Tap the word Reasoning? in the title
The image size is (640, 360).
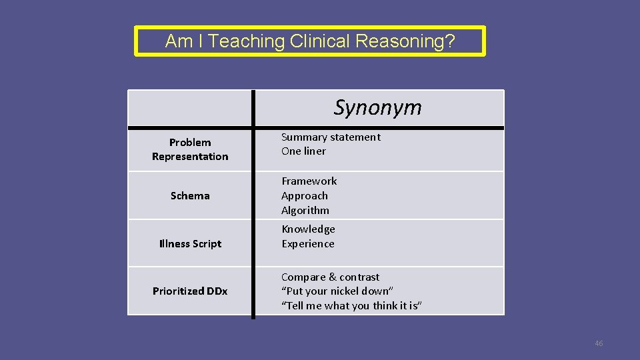point(405,41)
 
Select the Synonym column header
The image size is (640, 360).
point(377,107)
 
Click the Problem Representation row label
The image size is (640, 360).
point(190,149)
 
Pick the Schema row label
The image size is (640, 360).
point(190,195)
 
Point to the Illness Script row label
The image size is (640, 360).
point(190,243)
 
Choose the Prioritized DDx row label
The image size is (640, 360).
point(190,291)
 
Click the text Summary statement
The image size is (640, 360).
point(331,137)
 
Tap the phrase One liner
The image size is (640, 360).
point(303,151)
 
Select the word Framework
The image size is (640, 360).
point(309,181)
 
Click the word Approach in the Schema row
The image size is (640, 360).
point(304,195)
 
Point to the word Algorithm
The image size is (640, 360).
point(305,210)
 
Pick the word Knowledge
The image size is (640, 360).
point(308,229)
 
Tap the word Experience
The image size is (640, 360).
point(307,243)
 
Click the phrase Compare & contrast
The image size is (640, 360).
point(330,277)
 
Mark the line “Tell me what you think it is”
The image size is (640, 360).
point(351,306)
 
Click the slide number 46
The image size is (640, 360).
point(598,343)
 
